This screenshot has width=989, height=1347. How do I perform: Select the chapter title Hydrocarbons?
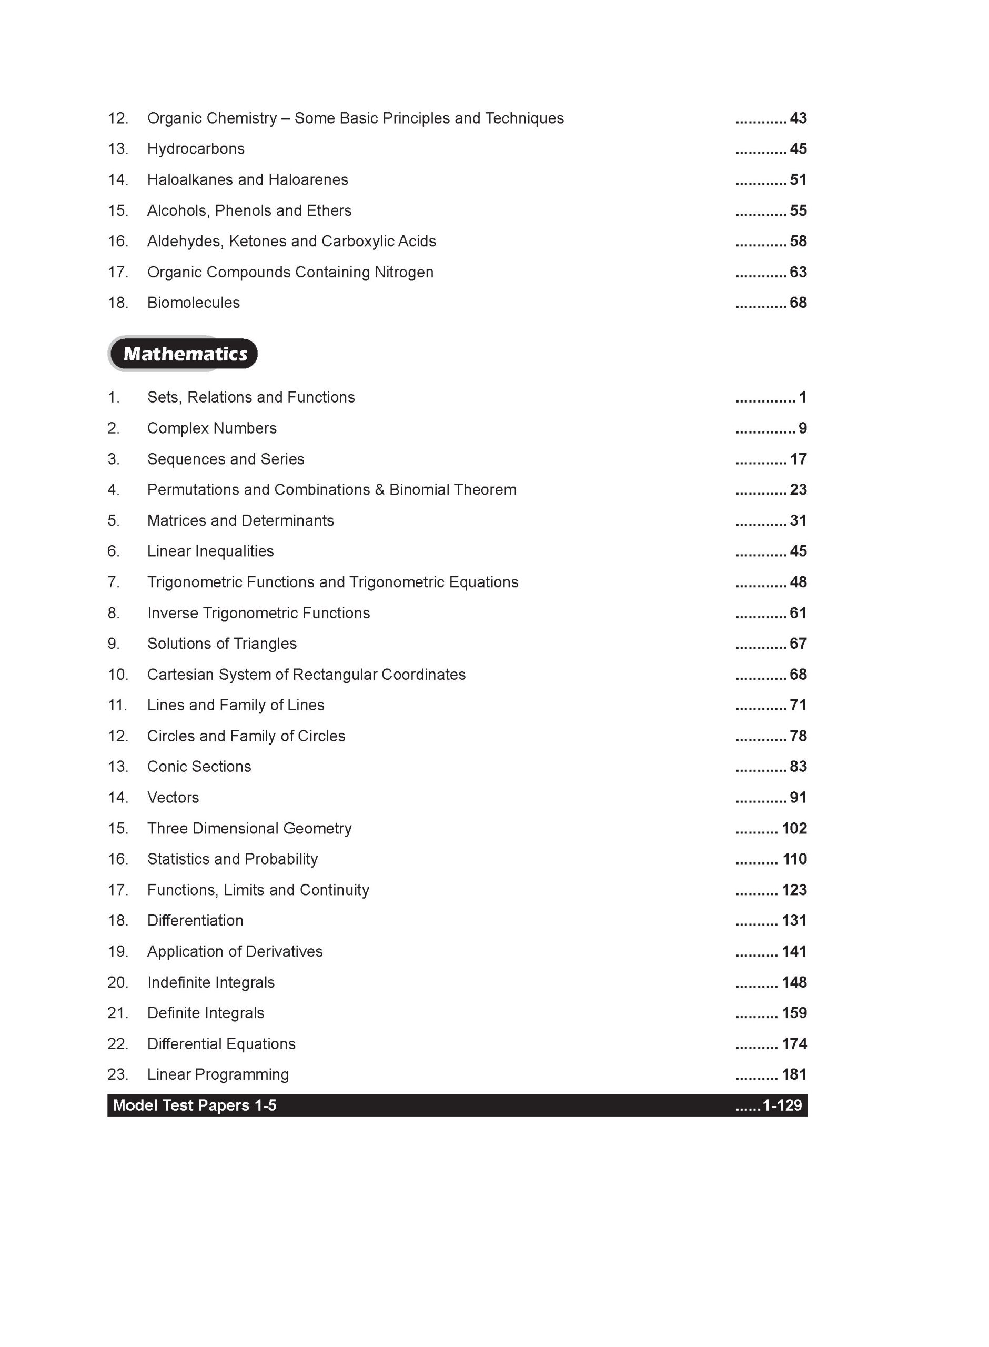(196, 148)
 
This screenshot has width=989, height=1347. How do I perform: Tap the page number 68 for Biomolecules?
(798, 303)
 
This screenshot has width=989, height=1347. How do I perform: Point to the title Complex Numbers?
(212, 428)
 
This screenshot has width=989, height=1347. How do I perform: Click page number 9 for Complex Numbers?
(802, 428)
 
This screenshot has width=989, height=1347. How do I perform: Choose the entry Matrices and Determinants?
(240, 521)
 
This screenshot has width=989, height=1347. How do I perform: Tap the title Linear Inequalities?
(210, 551)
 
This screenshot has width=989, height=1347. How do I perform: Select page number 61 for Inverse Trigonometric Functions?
(798, 613)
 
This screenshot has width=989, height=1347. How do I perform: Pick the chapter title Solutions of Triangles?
(221, 644)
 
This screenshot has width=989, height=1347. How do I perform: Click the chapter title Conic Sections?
(199, 767)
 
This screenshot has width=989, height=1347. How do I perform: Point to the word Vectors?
(173, 798)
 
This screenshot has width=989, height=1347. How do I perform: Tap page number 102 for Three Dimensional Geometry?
(794, 829)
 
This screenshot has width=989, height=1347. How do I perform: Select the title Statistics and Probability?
(233, 859)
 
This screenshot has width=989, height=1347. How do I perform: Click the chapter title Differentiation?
(195, 921)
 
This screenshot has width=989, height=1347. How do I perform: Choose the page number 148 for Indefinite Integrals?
(794, 982)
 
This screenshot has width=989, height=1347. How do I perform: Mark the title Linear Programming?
(218, 1074)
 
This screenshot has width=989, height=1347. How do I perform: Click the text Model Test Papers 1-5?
(195, 1105)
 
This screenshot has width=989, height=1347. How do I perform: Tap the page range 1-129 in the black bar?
(782, 1105)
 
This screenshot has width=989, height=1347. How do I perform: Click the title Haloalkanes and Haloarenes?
(247, 179)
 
